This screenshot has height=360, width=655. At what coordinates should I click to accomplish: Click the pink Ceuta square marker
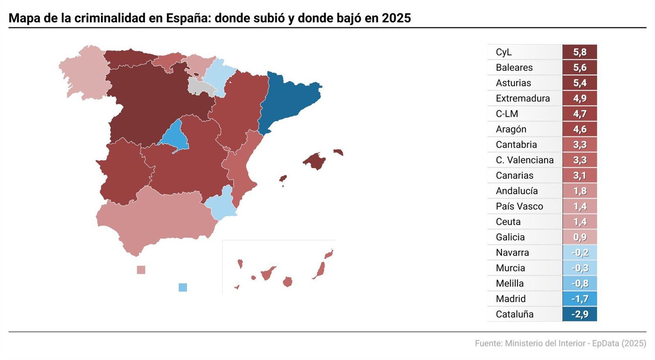[x=141, y=270]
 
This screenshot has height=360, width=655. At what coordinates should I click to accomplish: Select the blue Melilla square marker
[x=183, y=288]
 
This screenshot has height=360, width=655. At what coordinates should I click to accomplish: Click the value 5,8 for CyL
[x=580, y=52]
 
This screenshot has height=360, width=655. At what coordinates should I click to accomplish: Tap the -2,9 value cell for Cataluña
[x=580, y=314]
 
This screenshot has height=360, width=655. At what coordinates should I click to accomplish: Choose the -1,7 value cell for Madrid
[x=580, y=299]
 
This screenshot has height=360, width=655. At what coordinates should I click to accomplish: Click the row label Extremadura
[x=522, y=98]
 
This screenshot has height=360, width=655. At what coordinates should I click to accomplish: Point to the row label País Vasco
[x=519, y=206]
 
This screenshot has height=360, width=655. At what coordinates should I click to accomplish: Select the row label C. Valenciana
[x=524, y=160]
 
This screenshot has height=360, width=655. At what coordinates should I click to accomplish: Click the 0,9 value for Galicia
[x=580, y=237]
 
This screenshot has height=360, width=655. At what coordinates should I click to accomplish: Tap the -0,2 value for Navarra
[x=580, y=253]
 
